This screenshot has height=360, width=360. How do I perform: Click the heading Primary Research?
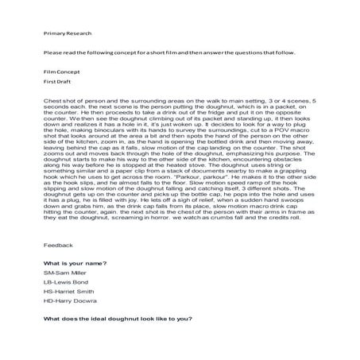click(68, 33)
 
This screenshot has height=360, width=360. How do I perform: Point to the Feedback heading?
click(58, 246)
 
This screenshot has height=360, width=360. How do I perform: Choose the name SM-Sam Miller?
click(66, 273)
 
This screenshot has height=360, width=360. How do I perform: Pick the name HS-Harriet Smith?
click(70, 292)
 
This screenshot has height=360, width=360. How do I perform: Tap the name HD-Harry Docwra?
click(71, 301)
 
